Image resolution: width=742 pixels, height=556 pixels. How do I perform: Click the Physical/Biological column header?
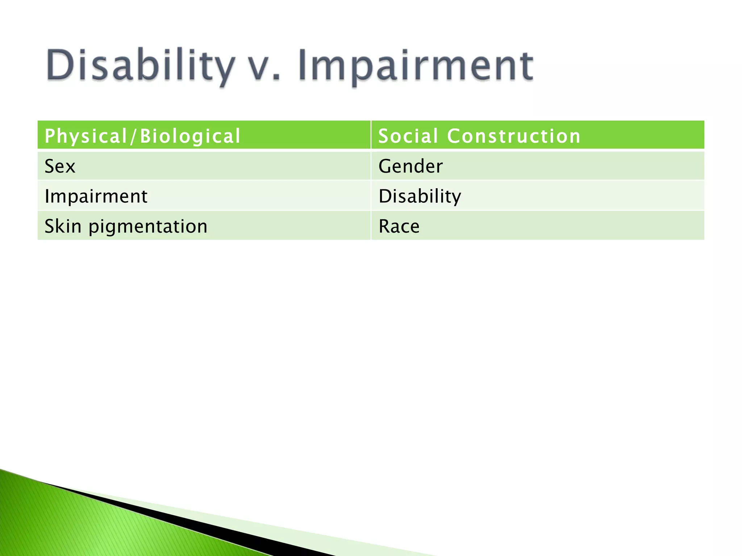(x=204, y=135)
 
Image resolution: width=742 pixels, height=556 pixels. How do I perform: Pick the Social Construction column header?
(x=537, y=135)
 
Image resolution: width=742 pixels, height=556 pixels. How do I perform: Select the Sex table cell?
(x=204, y=166)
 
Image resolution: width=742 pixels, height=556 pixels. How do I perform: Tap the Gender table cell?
(x=537, y=166)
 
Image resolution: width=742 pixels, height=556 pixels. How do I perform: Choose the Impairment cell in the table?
(x=204, y=196)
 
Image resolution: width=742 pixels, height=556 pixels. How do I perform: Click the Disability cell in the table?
(x=537, y=196)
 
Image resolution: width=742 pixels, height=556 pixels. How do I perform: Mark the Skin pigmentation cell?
(x=204, y=226)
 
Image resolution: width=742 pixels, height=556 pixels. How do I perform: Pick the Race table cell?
(x=537, y=226)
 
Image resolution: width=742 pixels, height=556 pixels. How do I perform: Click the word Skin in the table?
(x=63, y=226)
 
